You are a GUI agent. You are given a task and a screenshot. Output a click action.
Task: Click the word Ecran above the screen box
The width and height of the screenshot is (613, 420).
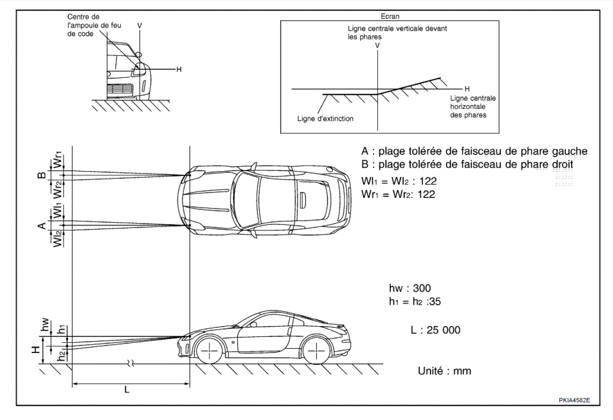point(390,17)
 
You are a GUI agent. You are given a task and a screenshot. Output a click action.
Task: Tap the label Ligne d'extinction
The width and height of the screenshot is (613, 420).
point(325,118)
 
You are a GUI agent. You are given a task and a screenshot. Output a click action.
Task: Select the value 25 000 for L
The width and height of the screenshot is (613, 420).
point(444,330)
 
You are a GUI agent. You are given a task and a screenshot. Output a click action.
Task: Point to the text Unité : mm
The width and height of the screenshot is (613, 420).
point(444,371)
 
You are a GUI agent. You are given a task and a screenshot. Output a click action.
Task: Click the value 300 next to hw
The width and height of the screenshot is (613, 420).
point(421,288)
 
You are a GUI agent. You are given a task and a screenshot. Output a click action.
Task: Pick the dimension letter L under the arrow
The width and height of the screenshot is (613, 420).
point(127,389)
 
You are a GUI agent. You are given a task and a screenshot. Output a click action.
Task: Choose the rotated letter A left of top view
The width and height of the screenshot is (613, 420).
point(41,226)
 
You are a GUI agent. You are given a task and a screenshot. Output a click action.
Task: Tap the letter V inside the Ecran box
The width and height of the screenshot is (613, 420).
point(377,45)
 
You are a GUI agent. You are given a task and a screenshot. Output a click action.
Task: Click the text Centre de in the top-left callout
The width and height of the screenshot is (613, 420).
point(83,17)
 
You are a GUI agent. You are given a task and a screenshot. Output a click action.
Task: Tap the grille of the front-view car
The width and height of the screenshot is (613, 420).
point(120,90)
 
